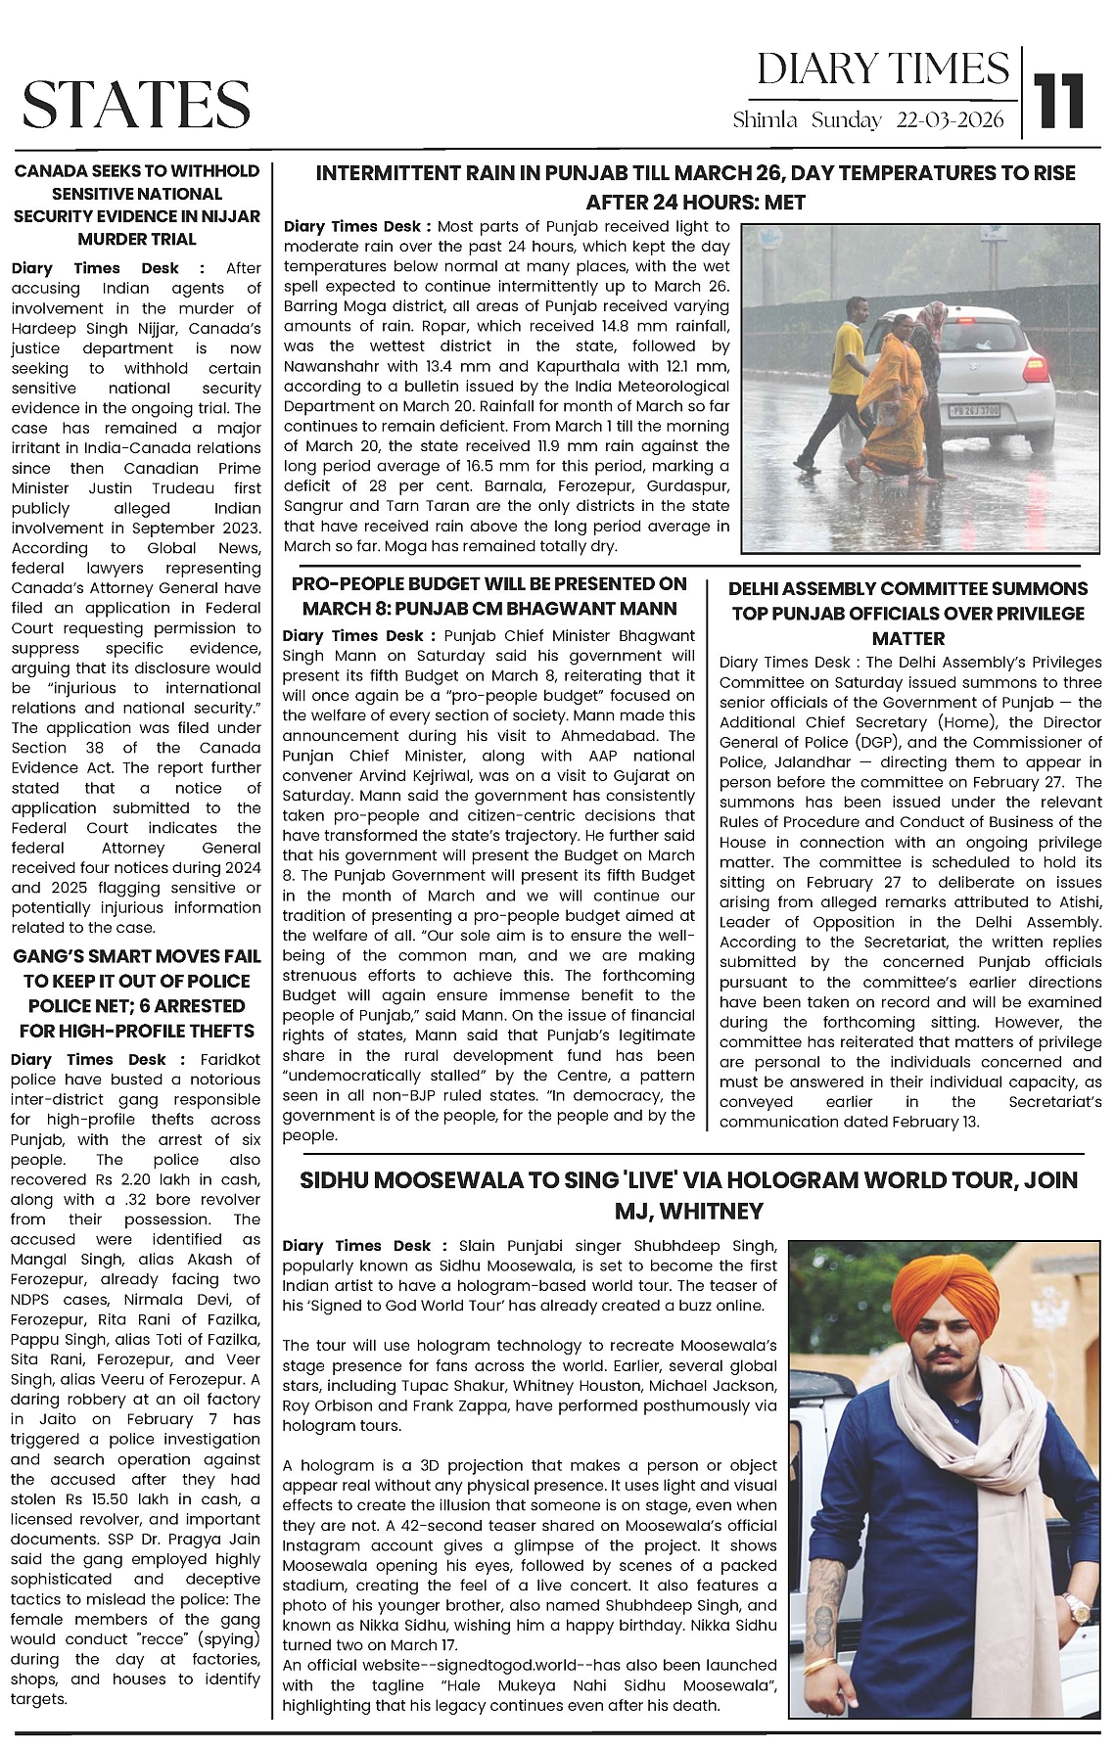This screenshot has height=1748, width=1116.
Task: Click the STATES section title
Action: pos(136,104)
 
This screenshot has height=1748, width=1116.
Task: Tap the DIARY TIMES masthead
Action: pos(883,69)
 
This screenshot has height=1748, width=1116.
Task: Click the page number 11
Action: pos(1061,100)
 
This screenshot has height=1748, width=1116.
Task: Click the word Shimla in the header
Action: pos(767,120)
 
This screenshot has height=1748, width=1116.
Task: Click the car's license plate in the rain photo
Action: pos(973,412)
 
